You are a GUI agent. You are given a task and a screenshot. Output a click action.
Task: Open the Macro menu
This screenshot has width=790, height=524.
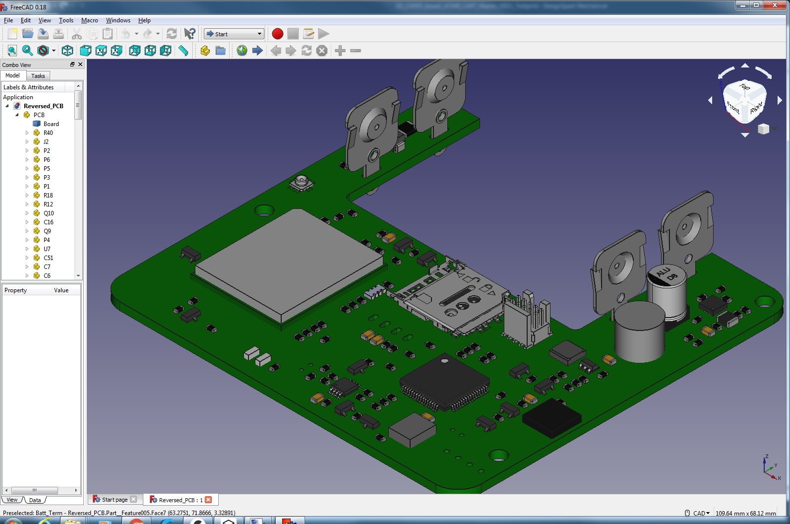89,20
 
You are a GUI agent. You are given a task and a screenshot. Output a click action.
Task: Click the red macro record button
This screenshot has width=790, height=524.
278,34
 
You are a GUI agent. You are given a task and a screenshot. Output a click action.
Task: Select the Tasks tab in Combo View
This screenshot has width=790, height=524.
38,76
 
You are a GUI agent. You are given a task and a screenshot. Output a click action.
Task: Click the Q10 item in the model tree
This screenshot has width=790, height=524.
49,213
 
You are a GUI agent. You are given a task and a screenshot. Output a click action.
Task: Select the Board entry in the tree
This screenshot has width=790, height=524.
51,124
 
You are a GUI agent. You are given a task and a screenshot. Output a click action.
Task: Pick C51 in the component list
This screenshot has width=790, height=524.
48,258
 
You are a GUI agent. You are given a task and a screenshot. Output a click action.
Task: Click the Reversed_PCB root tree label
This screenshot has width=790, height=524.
44,106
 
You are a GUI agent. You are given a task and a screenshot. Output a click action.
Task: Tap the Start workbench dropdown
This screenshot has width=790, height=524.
234,34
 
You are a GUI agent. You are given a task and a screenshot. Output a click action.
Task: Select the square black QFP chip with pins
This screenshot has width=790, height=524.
445,382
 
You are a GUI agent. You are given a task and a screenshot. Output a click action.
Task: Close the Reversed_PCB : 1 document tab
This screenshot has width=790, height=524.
208,500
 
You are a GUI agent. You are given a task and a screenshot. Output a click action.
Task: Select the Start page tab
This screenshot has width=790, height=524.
114,500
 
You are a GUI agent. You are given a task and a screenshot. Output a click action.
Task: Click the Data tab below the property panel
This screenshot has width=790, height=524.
35,500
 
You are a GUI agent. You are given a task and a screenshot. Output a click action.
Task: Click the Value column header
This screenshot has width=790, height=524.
61,290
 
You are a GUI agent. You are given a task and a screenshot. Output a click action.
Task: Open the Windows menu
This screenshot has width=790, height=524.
118,20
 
